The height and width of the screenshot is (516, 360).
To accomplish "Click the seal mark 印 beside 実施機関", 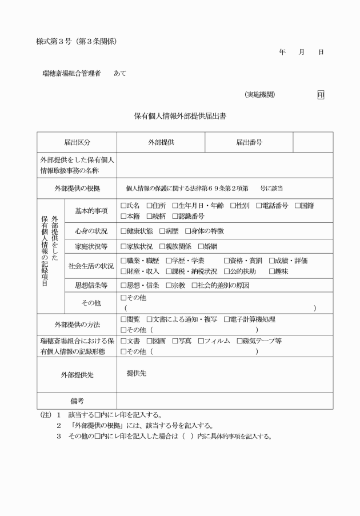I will click(321, 95).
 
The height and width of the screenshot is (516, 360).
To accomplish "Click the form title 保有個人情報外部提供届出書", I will click(179, 116).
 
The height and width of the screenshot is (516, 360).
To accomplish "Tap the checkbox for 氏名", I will click(123, 206).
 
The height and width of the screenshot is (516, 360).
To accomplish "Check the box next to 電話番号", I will click(259, 206).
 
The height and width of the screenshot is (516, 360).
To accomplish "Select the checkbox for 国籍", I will click(297, 206).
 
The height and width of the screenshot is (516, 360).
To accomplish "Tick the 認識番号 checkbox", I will click(175, 216).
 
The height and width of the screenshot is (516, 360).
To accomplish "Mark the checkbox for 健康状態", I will click(123, 231).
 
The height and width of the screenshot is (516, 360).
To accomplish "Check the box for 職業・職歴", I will click(123, 261).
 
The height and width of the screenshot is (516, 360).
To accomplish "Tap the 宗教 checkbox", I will click(169, 285).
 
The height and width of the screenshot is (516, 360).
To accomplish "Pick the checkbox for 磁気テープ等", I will click(239, 341).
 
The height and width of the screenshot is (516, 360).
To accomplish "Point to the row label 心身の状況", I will click(91, 231).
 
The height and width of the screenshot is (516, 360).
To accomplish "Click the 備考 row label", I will click(77, 401).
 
